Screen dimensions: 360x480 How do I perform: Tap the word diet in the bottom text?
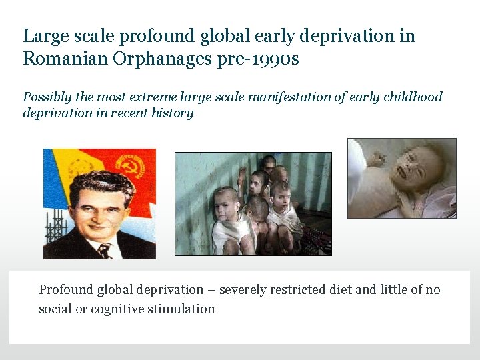(341, 290)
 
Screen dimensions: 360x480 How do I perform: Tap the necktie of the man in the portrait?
(104, 251)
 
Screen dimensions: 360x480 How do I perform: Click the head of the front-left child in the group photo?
(225, 199)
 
